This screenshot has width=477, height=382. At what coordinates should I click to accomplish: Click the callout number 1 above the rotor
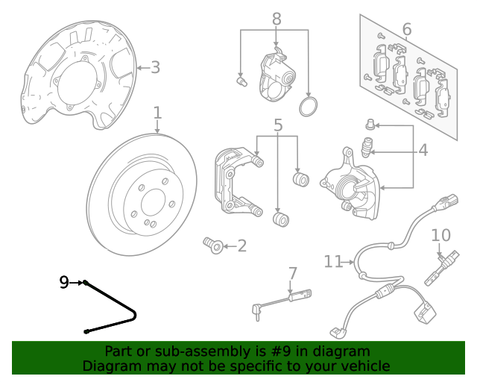[x=157, y=113]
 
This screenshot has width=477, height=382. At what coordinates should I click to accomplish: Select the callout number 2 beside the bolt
[x=241, y=245]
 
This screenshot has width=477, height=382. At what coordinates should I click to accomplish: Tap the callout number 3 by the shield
[x=155, y=68]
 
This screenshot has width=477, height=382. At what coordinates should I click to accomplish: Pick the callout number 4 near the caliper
[x=423, y=151]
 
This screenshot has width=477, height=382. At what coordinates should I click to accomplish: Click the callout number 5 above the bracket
[x=277, y=125]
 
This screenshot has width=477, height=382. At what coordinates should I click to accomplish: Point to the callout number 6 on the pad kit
[x=406, y=30]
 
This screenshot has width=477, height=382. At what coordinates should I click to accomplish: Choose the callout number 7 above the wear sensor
[x=292, y=273]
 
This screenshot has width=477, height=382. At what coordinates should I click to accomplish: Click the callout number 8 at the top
[x=276, y=19]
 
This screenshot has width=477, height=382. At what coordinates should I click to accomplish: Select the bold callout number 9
[x=65, y=282]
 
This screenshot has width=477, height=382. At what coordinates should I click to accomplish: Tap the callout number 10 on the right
[x=440, y=236]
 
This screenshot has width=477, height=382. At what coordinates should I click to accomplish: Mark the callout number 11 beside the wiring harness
[x=333, y=261]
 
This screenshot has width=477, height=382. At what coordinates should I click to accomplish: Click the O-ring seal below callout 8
[x=308, y=107]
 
